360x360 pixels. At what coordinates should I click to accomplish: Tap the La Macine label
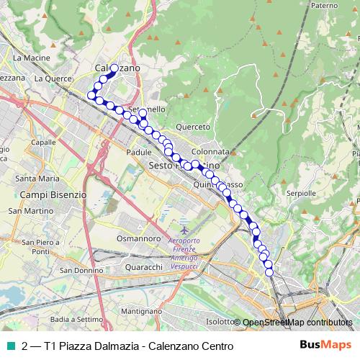[30, 57]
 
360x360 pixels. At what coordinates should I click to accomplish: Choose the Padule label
[138, 153]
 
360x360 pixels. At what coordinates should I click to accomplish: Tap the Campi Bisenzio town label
[53, 194]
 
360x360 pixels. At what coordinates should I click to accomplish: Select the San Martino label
[26, 211]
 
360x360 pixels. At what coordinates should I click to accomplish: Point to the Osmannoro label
[138, 238]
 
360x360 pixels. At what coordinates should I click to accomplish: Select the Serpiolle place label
[301, 194]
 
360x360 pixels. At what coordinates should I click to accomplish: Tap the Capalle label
[44, 143]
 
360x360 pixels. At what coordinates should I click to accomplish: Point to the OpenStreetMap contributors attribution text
[297, 323]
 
